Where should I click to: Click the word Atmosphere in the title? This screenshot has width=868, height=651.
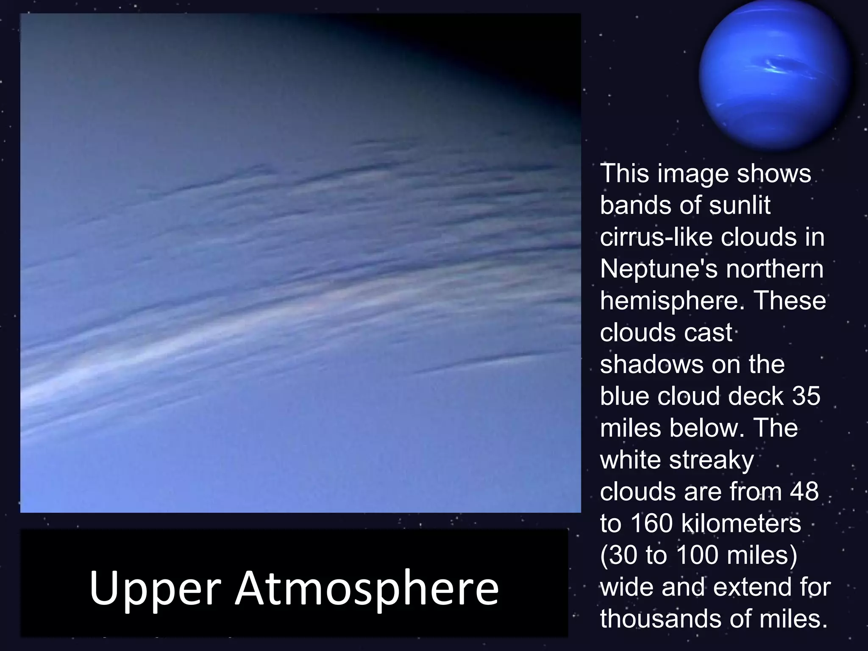point(367,588)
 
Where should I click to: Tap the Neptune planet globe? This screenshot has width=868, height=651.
point(775,75)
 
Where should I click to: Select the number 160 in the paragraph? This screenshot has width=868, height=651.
point(652,523)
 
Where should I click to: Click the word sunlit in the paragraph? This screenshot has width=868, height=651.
point(740,205)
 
